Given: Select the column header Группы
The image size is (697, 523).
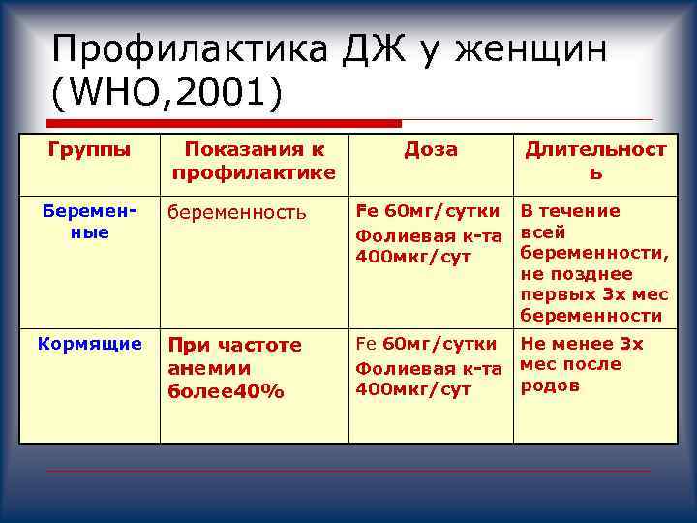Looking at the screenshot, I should pos(89,149).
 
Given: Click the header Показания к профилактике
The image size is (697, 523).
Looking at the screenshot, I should pos(254,161).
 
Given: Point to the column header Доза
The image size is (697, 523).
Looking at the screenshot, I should pos(431,149).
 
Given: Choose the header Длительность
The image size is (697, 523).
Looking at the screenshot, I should pos(595,161).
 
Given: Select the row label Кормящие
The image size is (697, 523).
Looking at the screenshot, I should pos(89,343).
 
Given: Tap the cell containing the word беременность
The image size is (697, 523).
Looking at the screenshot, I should pos(236,212).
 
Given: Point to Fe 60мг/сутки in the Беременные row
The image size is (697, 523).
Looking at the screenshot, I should pos(428,211).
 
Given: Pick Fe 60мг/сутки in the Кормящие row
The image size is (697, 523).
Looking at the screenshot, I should pos(428,344).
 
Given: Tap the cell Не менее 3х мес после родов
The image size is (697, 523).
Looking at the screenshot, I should pos(582,364).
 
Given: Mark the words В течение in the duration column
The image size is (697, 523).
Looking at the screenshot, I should pos(570,211).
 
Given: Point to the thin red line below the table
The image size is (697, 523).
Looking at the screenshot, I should pos(348,471).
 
